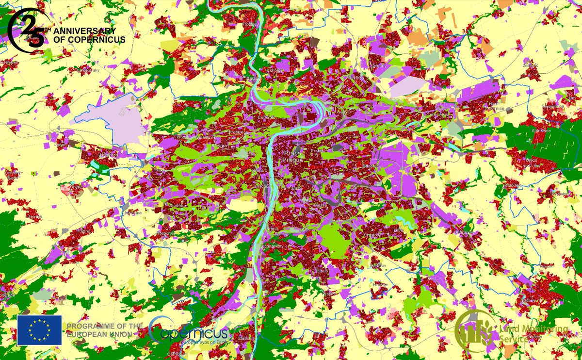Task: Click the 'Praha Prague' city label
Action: tap(293, 157)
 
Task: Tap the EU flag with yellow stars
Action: tap(39, 330)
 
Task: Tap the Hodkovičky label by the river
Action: tap(272, 246)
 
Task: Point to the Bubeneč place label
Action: tap(266, 117)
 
